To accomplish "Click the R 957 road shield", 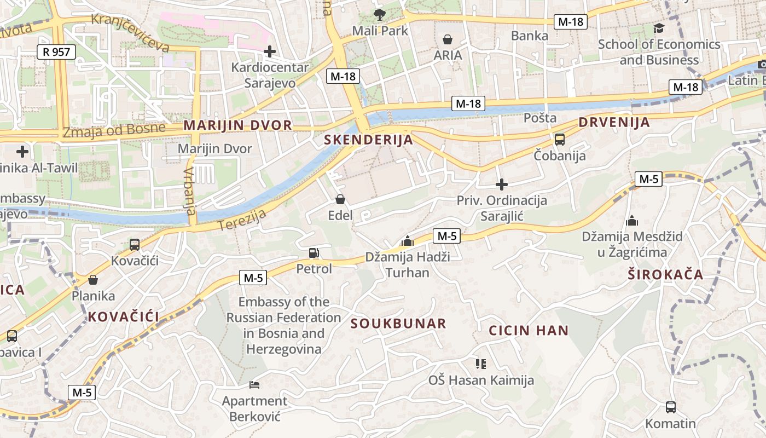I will pyautogui.click(x=56, y=52).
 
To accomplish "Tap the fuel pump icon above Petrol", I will pyautogui.click(x=314, y=252).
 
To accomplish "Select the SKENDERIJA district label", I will pyautogui.click(x=368, y=140).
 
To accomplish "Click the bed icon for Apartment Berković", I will pyautogui.click(x=254, y=385).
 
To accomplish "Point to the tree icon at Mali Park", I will pyautogui.click(x=379, y=14).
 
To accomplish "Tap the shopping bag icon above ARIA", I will pyautogui.click(x=448, y=39).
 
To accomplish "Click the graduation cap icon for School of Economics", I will pyautogui.click(x=659, y=28).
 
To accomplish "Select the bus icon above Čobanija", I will pyautogui.click(x=559, y=140).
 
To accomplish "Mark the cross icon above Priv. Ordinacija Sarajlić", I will pyautogui.click(x=501, y=185).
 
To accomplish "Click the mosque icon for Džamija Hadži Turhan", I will pyautogui.click(x=407, y=241).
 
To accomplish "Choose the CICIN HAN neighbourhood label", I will pyautogui.click(x=529, y=331).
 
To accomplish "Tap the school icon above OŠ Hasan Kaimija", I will pyautogui.click(x=481, y=364).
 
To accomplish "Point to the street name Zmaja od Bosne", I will pyautogui.click(x=114, y=130).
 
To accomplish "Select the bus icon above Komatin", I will pyautogui.click(x=670, y=407).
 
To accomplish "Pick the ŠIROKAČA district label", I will pyautogui.click(x=665, y=275).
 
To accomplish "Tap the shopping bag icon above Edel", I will pyautogui.click(x=340, y=199).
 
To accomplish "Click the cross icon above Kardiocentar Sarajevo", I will pyautogui.click(x=269, y=51).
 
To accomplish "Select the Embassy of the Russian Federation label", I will pyautogui.click(x=283, y=325).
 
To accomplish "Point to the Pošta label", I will pyautogui.click(x=540, y=118).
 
